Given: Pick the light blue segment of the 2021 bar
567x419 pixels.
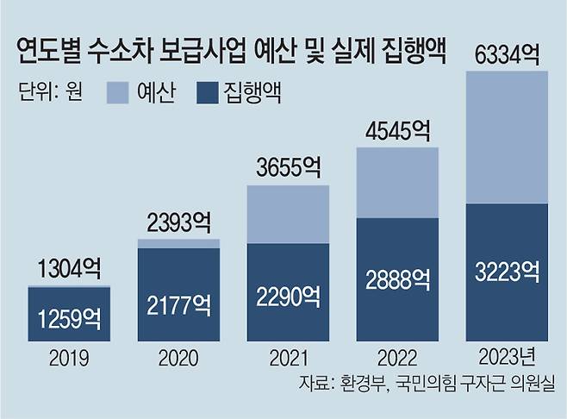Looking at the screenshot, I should pos(288,214).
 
